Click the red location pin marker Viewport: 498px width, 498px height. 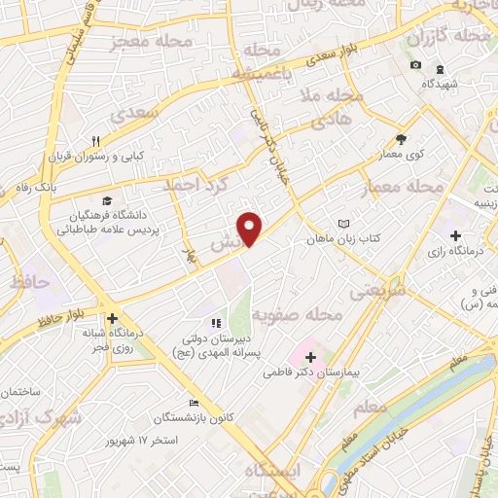tap(251, 228)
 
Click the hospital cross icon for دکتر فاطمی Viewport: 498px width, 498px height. tap(310, 358)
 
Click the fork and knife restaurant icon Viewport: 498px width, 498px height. tap(97, 140)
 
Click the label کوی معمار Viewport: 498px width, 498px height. tap(403, 155)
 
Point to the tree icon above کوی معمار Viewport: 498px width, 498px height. tap(402, 139)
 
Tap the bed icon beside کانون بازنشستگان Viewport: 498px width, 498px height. tap(194, 403)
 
